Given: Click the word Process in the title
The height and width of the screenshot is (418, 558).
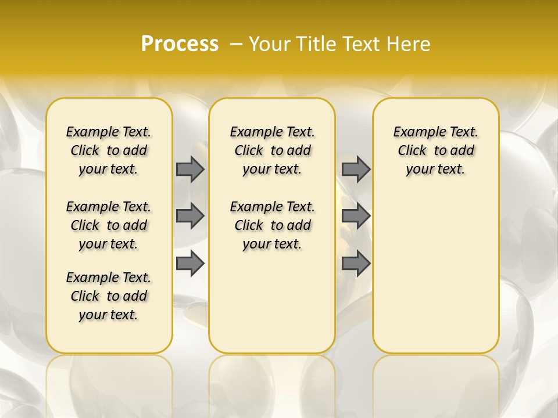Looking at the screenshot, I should pyautogui.click(x=180, y=44).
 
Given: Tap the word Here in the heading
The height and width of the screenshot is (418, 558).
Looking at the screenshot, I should pyautogui.click(x=409, y=44).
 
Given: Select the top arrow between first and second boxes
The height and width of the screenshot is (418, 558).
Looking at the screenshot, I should pyautogui.click(x=190, y=169).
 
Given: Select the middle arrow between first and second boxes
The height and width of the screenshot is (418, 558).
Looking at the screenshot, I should pyautogui.click(x=190, y=216).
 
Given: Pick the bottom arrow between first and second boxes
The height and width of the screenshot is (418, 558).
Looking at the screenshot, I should pyautogui.click(x=190, y=264).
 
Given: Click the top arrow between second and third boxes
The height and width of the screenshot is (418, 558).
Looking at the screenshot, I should pyautogui.click(x=356, y=169).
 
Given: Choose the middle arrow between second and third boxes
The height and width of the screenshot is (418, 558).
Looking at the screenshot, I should pyautogui.click(x=356, y=216).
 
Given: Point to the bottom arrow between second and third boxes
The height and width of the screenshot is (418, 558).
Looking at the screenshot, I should pyautogui.click(x=356, y=264).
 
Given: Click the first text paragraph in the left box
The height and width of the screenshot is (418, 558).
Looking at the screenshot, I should pyautogui.click(x=109, y=150).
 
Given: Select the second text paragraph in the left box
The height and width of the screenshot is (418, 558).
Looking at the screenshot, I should pyautogui.click(x=109, y=225).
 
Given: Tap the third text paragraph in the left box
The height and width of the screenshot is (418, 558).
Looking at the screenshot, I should pyautogui.click(x=109, y=296).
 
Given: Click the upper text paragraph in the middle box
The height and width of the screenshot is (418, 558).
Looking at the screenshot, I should pyautogui.click(x=272, y=150).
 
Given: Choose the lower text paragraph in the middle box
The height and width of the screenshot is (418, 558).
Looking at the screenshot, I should pyautogui.click(x=272, y=225).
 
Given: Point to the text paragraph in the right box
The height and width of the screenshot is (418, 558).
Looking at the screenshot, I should pyautogui.click(x=435, y=150).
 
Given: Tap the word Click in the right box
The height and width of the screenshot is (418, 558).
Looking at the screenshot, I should pyautogui.click(x=412, y=151).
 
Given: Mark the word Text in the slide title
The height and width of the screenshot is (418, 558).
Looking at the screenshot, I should pyautogui.click(x=363, y=44).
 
